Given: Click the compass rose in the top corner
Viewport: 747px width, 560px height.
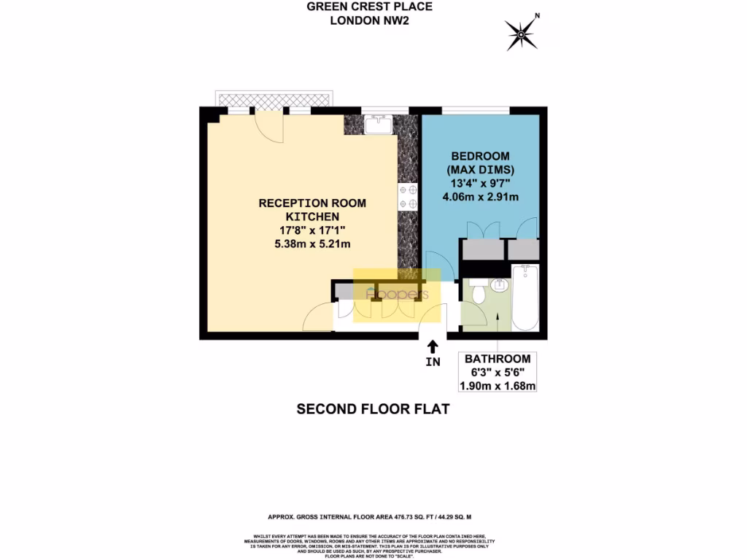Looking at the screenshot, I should point(522,32).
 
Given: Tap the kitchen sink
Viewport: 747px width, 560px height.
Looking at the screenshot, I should point(379,125).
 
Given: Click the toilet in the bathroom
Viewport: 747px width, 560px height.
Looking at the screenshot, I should point(479,295).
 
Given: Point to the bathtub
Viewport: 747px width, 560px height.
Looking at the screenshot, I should point(525,298).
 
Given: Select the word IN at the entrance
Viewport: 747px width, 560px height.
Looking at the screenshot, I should point(433,362).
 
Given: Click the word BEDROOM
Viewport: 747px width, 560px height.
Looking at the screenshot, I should point(480,156).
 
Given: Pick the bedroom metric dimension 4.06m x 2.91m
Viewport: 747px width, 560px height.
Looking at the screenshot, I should point(480,197).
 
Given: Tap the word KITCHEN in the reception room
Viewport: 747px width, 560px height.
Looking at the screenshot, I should point(312,217).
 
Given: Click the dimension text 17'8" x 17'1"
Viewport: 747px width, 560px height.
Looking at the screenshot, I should point(312,230).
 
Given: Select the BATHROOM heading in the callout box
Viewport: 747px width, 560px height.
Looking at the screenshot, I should point(497,359).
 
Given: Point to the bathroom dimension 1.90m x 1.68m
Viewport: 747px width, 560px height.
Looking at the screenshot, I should point(497,385).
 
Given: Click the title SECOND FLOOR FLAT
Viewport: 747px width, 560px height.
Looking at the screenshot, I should point(373,409).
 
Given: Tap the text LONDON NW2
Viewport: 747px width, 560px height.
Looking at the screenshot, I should point(369,20).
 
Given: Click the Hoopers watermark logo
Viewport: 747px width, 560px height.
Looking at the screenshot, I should point(397,295).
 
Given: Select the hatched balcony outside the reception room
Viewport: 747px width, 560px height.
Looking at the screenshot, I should point(275,99).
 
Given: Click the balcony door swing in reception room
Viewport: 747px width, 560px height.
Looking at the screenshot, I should point(270,130).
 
